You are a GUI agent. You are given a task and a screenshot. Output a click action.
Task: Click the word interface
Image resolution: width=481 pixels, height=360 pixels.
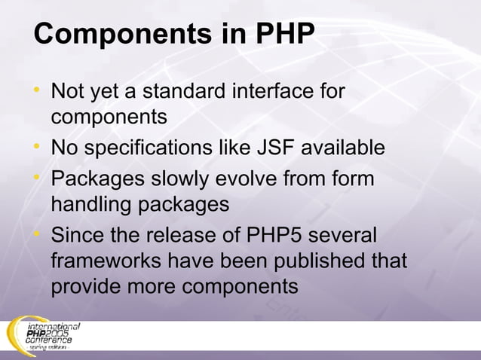(x=270, y=92)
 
